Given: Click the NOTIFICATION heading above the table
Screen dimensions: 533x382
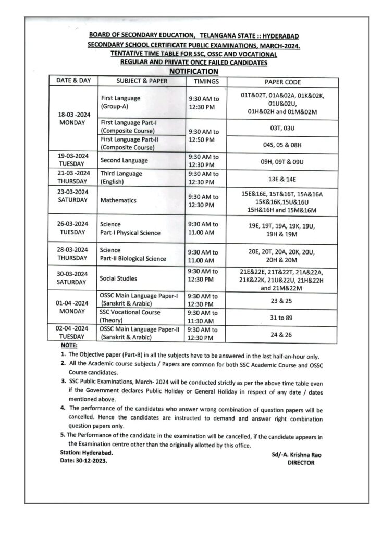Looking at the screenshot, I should [194, 71].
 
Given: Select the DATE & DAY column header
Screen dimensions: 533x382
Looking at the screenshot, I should [70, 81].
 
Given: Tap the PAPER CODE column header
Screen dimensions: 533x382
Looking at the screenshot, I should [282, 82].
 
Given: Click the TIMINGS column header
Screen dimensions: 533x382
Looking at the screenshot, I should [206, 82].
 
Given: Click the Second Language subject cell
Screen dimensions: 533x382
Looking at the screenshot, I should [124, 160].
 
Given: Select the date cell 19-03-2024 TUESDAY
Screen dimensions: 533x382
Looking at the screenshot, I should [73, 160].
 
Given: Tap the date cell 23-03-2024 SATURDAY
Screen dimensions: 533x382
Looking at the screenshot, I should [73, 196].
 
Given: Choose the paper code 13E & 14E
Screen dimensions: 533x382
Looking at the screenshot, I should [282, 177].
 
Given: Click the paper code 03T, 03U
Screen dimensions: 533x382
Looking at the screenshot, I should [282, 126].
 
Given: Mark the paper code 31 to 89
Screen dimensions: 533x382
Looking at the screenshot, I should [282, 316].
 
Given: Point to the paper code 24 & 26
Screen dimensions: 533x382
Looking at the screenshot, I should [282, 334].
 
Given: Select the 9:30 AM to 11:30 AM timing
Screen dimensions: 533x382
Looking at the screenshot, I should [203, 317].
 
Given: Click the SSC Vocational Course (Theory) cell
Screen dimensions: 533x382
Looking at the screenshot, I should [130, 317].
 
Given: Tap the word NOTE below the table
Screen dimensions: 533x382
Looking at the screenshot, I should [69, 346].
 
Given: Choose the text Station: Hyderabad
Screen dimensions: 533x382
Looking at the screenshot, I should [86, 453].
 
